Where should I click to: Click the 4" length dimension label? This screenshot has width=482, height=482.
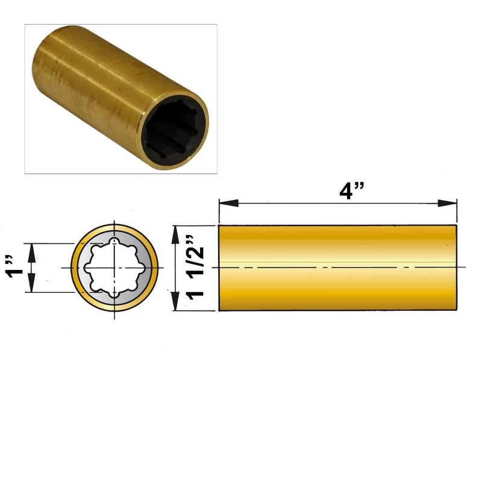pyautogui.click(x=352, y=191)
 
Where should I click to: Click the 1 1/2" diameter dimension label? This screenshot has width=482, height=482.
pyautogui.click(x=195, y=268)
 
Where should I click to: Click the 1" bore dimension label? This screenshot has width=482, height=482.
pyautogui.click(x=14, y=266)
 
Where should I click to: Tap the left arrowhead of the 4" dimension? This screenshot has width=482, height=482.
pyautogui.click(x=229, y=203)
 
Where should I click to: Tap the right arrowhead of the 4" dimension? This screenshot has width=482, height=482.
pyautogui.click(x=447, y=203)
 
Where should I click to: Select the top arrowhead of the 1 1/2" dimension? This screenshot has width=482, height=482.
pyautogui.click(x=175, y=235)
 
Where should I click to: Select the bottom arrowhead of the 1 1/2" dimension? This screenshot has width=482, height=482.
pyautogui.click(x=175, y=301)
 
